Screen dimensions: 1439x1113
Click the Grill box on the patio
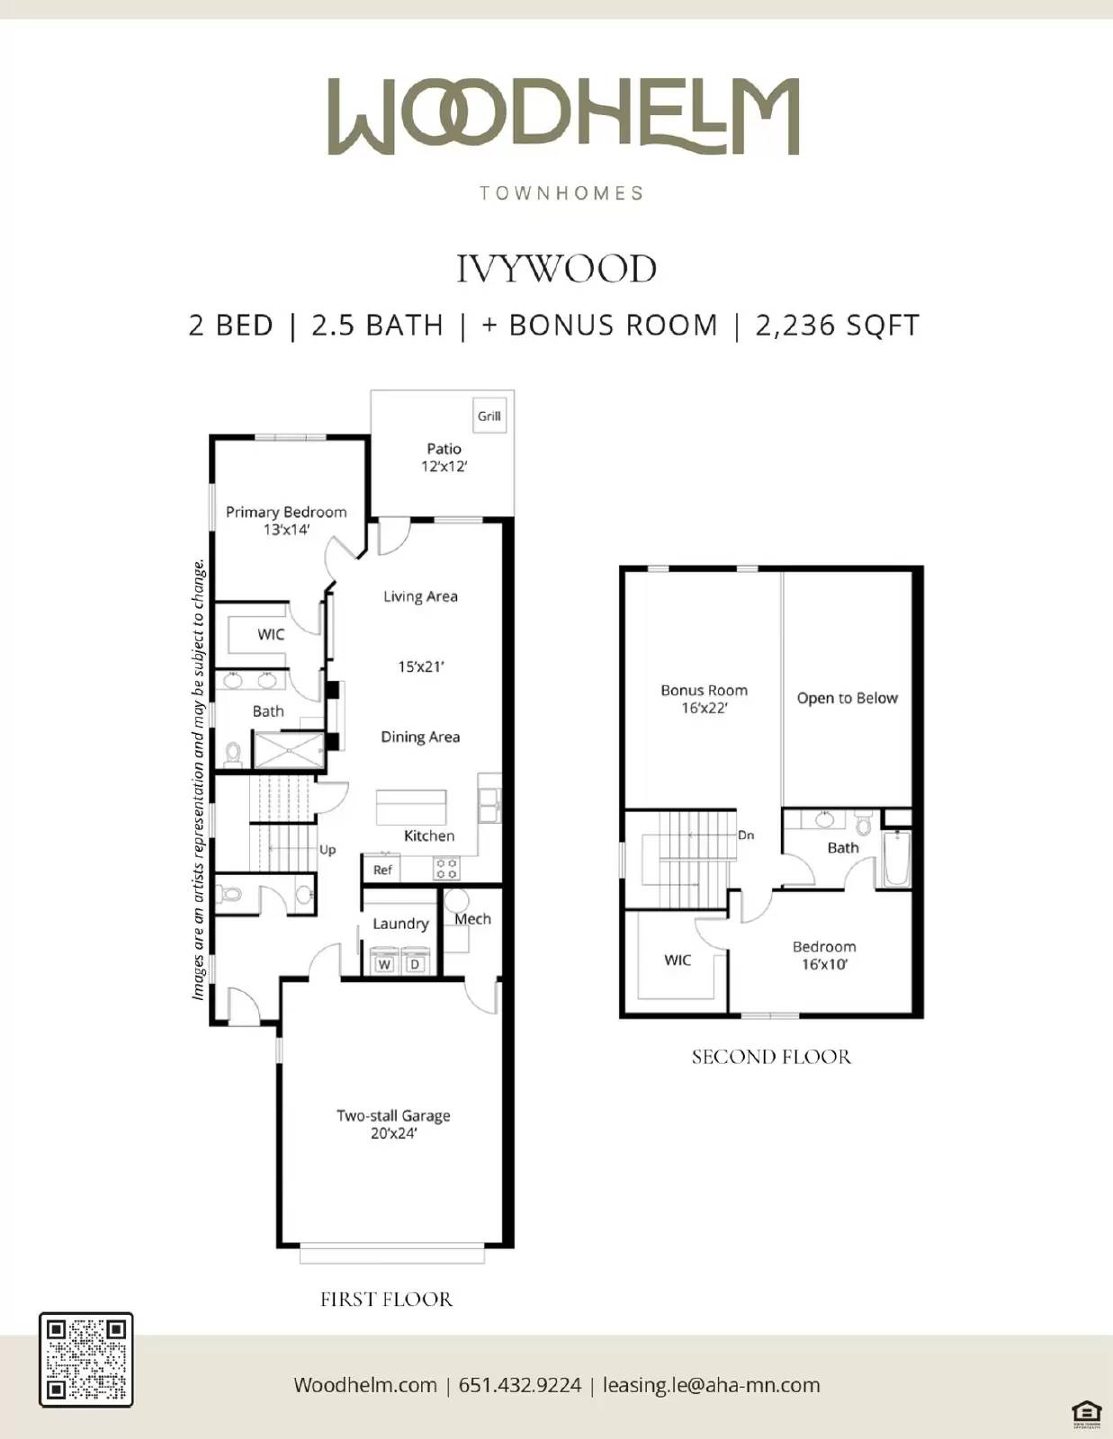coord(489,416)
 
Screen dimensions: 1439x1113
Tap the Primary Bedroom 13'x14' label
coord(286,520)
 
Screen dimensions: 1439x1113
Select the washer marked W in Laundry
coord(384,962)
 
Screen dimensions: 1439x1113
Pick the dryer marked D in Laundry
coord(415,962)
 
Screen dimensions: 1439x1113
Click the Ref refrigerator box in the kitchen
coord(382,870)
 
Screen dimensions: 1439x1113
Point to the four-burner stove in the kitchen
coord(446,869)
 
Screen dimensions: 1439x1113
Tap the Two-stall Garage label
coord(393,1123)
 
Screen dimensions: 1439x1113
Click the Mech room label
coord(472,919)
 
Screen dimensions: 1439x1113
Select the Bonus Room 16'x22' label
coord(704,699)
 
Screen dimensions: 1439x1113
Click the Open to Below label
coord(847,698)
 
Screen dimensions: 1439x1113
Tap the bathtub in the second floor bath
coord(897,859)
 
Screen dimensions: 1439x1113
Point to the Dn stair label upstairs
coord(746,835)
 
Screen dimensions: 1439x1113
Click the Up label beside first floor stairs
coord(328,849)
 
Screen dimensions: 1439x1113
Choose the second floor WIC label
coord(678,960)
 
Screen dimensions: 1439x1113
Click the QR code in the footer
coord(86,1360)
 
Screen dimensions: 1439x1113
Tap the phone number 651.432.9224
coord(520,1385)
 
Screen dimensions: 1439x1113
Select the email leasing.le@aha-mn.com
coord(711,1385)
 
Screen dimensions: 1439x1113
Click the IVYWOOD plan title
coord(556,269)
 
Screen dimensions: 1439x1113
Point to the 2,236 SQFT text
coord(837,326)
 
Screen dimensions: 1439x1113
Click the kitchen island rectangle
coord(411,807)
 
